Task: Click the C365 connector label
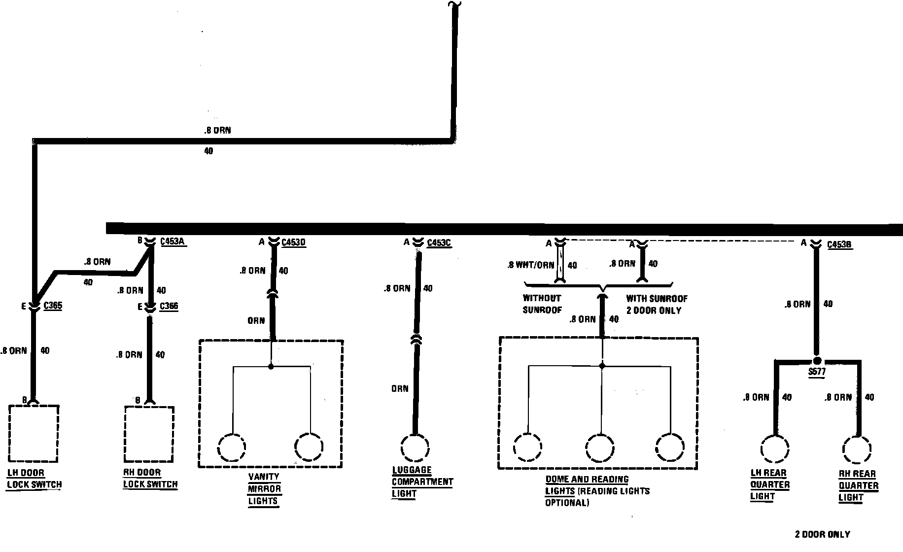pyautogui.click(x=53, y=306)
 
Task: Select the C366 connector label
pyautogui.click(x=169, y=307)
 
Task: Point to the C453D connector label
pyautogui.click(x=294, y=242)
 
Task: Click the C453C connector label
pyautogui.click(x=439, y=243)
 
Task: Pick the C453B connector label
pyautogui.click(x=839, y=244)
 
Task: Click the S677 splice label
pyautogui.click(x=817, y=372)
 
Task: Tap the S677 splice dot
pyautogui.click(x=817, y=361)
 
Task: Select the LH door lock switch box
pyautogui.click(x=34, y=432)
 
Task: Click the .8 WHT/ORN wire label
pyautogui.click(x=530, y=265)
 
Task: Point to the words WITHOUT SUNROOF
pyautogui.click(x=542, y=304)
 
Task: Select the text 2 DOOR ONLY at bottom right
pyautogui.click(x=822, y=534)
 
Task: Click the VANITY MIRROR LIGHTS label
pyautogui.click(x=264, y=489)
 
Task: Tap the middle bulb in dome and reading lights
pyautogui.click(x=600, y=448)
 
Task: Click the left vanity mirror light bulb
pyautogui.click(x=231, y=447)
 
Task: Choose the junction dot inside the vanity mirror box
pyautogui.click(x=271, y=367)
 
